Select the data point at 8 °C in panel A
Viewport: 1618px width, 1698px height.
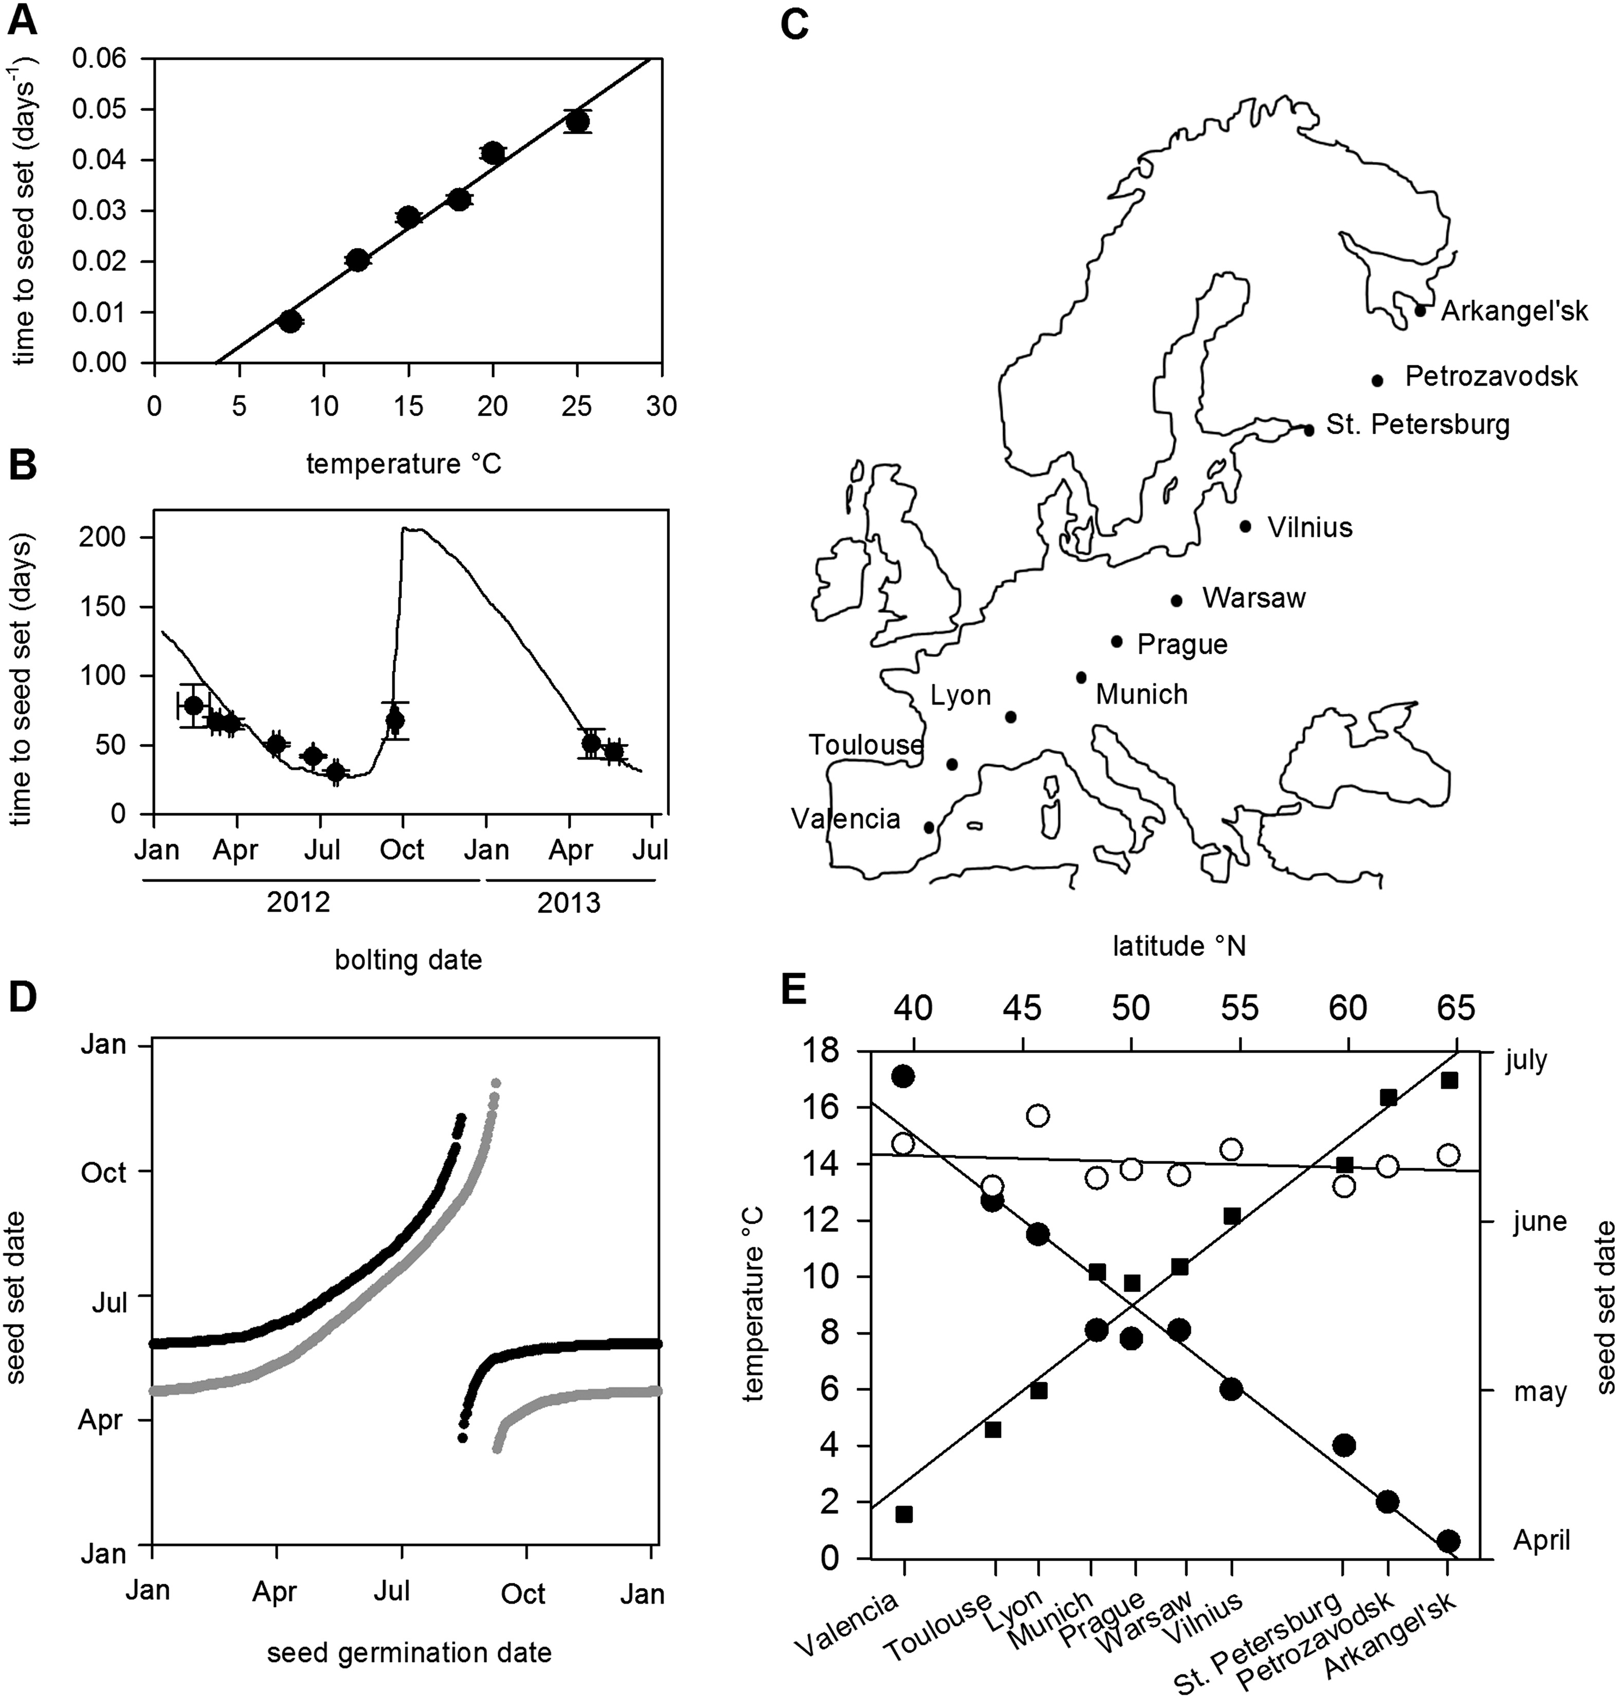tap(290, 321)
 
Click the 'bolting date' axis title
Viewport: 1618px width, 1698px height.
tap(408, 959)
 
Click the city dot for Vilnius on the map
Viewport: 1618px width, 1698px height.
tap(1245, 526)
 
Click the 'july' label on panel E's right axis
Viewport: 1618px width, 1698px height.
tap(1526, 1060)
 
